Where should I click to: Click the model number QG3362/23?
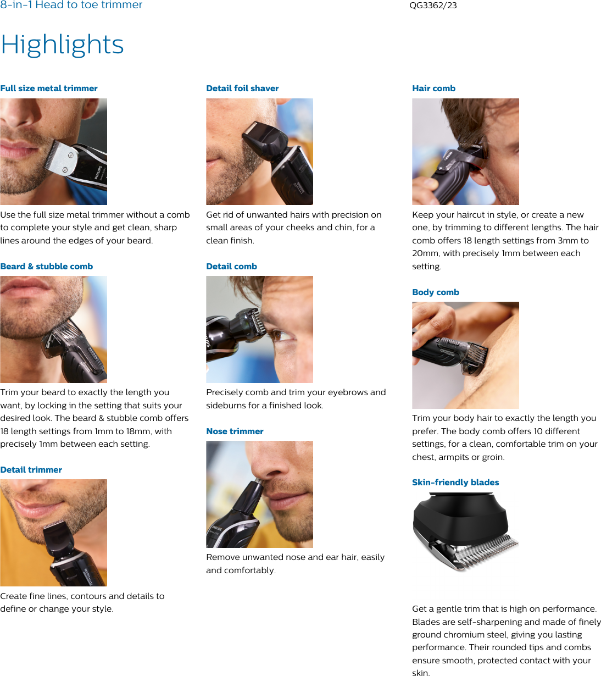[433, 5]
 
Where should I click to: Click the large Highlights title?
[62, 45]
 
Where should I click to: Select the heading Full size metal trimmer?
[49, 88]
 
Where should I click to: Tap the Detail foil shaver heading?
[242, 88]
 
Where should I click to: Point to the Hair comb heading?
[433, 88]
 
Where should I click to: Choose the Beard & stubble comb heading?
[47, 267]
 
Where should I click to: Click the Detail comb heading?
[231, 267]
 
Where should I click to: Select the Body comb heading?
[436, 292]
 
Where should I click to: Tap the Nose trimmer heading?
[235, 431]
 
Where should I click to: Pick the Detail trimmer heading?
[31, 470]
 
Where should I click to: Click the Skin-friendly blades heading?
[455, 483]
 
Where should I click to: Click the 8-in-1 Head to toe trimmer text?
[71, 5]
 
